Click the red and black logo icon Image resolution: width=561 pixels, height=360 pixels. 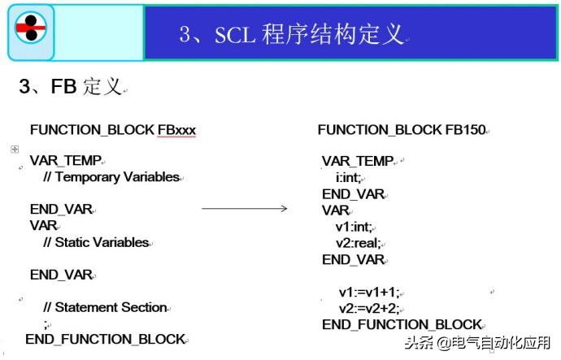coord(31,30)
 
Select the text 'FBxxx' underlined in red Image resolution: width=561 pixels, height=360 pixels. coord(176,129)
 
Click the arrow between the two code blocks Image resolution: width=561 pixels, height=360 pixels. coord(244,209)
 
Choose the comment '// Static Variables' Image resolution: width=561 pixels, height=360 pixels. coord(96,242)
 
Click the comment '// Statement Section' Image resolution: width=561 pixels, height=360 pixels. coord(105,307)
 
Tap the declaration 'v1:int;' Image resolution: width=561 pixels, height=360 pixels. coord(354,227)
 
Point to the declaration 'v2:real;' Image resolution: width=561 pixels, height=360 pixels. coord(358,243)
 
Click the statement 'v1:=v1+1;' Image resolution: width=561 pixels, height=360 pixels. coord(368,292)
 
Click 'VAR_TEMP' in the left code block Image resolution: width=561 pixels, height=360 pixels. coord(65,161)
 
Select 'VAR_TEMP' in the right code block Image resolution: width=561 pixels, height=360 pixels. coord(357,161)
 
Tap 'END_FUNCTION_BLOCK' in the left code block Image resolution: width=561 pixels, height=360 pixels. coord(105,339)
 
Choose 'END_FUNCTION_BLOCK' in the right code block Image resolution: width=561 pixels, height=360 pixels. coord(402,324)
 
